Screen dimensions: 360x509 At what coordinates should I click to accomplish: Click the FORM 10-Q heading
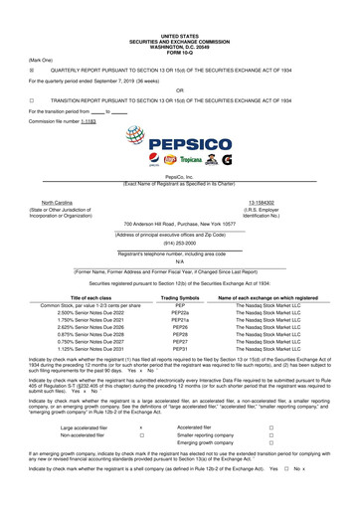(179, 25)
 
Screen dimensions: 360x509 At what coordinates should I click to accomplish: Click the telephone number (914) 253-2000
(180, 243)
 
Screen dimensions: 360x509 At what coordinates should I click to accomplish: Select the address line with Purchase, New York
(179, 224)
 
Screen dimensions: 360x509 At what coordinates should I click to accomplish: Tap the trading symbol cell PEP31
(179, 349)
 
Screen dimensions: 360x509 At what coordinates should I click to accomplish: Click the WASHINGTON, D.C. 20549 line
(179, 20)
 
